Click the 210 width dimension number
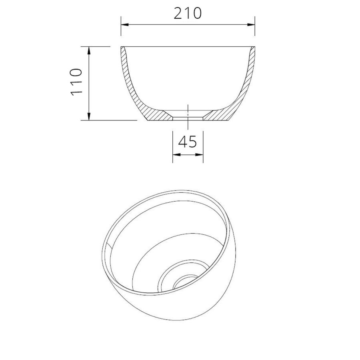[188, 14]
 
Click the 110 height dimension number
[76, 82]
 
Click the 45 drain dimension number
[187, 142]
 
